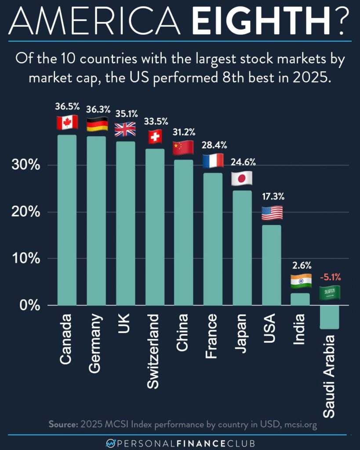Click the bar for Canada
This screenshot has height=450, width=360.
point(66,220)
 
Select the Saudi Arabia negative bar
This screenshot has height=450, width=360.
point(329,317)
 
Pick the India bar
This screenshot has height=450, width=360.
point(300,299)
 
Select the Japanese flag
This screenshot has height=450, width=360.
point(242,178)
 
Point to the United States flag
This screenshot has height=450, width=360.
point(272,213)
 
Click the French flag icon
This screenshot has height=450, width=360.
point(213,161)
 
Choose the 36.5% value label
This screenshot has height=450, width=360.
point(67,106)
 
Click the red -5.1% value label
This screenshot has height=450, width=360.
point(330,277)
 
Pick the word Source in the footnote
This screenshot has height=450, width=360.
point(62,425)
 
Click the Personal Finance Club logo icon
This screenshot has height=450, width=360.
point(112,443)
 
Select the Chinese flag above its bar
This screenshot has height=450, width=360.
point(183,148)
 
